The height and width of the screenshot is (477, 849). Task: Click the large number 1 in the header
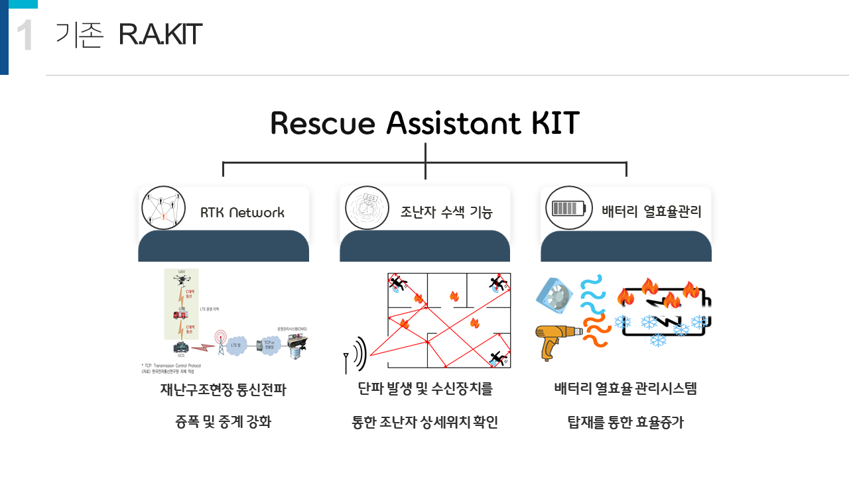pos(25,36)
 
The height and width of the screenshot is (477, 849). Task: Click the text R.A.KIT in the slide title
pos(160,35)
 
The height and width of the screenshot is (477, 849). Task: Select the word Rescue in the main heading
pos(323,124)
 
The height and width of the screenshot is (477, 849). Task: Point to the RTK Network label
pos(242,213)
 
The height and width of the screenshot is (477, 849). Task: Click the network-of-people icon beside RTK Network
pos(163,208)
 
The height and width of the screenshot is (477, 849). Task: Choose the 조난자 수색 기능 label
pos(446,213)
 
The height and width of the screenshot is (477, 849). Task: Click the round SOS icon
pos(367,208)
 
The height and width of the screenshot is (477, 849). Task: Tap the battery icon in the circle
pos(568,208)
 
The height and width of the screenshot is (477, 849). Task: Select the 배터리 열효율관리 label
pos(651,212)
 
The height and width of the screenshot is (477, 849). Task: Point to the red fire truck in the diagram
pos(180,315)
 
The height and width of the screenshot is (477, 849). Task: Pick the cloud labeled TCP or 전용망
pos(269,344)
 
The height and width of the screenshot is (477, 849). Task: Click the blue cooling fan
pos(554,295)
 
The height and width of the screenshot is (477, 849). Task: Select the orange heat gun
pos(557,339)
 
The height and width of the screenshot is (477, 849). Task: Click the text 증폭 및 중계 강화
pos(223,423)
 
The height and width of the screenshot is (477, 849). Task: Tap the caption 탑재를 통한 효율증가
pos(625,423)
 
